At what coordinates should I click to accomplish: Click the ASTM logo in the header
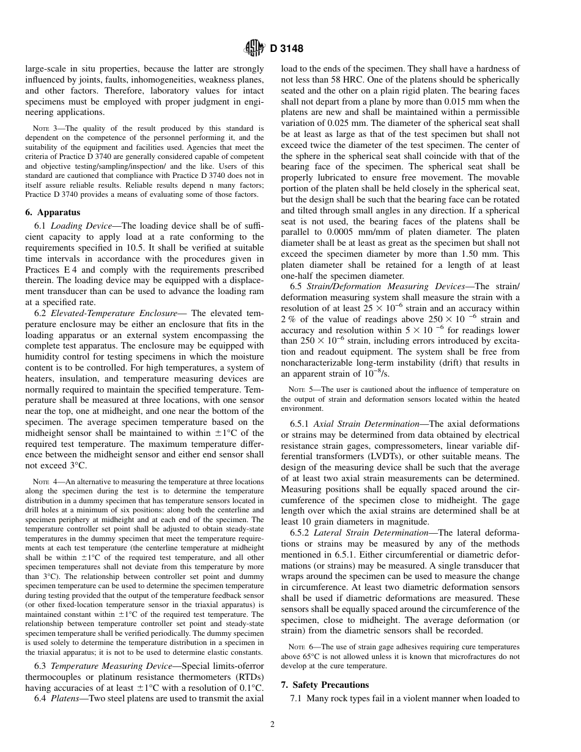tap(254, 48)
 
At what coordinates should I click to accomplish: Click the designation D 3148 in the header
tap(287, 48)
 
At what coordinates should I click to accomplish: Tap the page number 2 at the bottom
tap(273, 725)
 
